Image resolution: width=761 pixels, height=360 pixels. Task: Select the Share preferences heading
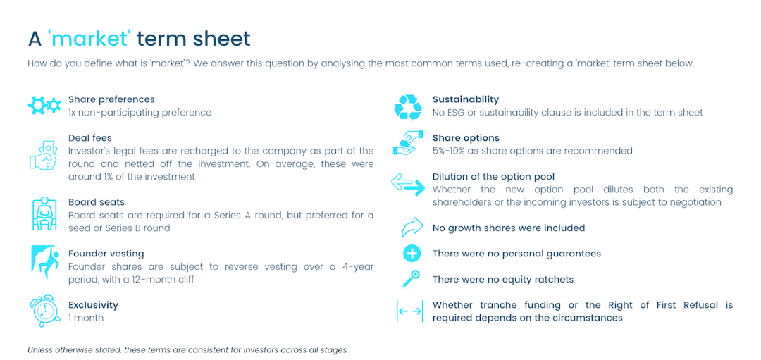(x=111, y=99)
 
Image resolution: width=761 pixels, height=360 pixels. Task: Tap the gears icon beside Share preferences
(x=44, y=106)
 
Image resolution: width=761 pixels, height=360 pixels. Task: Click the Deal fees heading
(x=90, y=138)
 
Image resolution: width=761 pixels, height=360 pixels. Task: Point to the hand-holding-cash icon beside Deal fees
(x=43, y=155)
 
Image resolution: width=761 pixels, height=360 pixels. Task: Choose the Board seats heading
(x=97, y=202)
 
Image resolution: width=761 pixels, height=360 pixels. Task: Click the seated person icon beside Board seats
(x=44, y=214)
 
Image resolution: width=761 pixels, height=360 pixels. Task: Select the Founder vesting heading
(x=106, y=254)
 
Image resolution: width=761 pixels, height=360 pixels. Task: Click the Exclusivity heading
(x=93, y=305)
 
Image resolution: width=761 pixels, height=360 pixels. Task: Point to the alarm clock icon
(x=43, y=311)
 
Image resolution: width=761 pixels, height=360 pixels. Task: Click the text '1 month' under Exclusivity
(x=86, y=318)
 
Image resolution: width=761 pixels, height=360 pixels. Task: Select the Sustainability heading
(x=466, y=99)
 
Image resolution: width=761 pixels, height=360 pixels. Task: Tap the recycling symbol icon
(x=407, y=107)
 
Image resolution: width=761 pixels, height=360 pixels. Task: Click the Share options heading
(x=466, y=138)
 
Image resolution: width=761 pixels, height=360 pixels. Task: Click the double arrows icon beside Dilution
(x=408, y=185)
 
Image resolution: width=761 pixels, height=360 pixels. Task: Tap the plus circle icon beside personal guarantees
(x=411, y=254)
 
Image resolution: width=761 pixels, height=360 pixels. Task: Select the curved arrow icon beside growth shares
(x=411, y=228)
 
